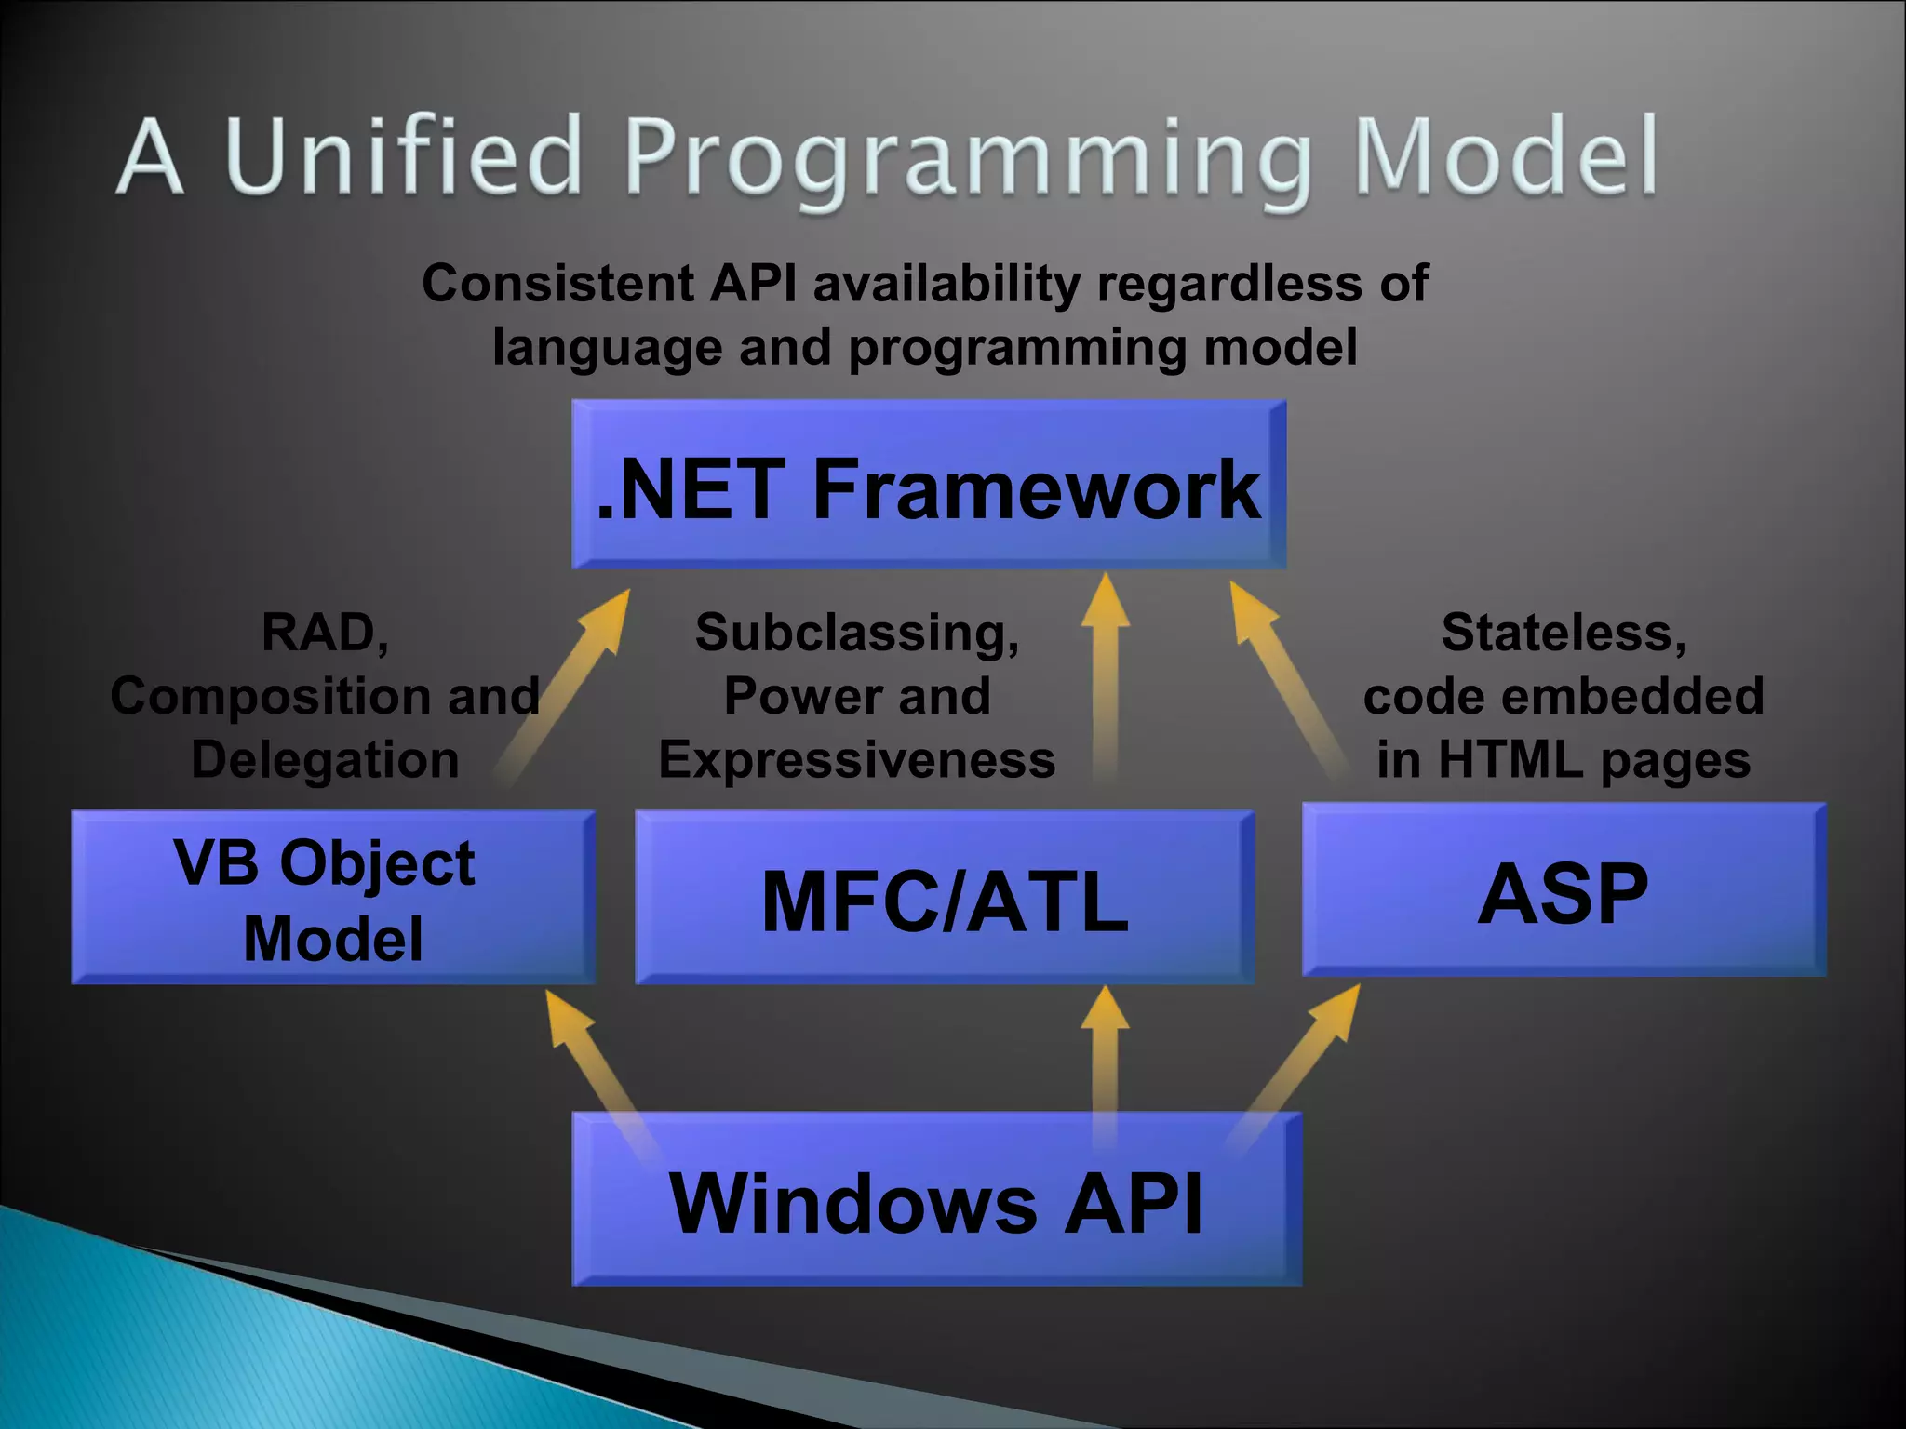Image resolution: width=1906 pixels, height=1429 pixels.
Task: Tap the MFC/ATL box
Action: [x=945, y=899]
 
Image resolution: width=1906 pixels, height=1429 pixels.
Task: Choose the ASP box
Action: [x=1564, y=891]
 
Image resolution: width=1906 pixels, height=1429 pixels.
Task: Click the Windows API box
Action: [x=936, y=1201]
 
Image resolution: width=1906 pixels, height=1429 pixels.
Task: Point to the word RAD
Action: [x=325, y=633]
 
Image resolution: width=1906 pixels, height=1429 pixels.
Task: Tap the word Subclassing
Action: [x=857, y=633]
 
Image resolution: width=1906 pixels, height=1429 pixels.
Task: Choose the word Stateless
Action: [x=1564, y=633]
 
